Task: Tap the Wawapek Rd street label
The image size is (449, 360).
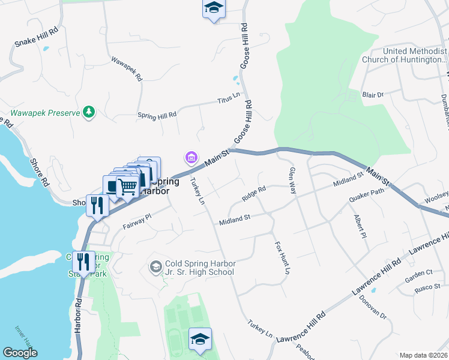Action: [x=127, y=68]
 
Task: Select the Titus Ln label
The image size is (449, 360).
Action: [x=229, y=95]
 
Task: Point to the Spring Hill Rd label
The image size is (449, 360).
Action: [x=157, y=114]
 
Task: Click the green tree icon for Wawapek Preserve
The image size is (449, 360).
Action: [x=89, y=112]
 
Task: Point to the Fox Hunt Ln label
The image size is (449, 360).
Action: [x=283, y=258]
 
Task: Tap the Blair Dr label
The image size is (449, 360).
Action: [x=372, y=95]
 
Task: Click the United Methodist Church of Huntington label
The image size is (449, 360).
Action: [x=405, y=55]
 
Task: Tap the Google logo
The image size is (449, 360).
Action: [x=20, y=353]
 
